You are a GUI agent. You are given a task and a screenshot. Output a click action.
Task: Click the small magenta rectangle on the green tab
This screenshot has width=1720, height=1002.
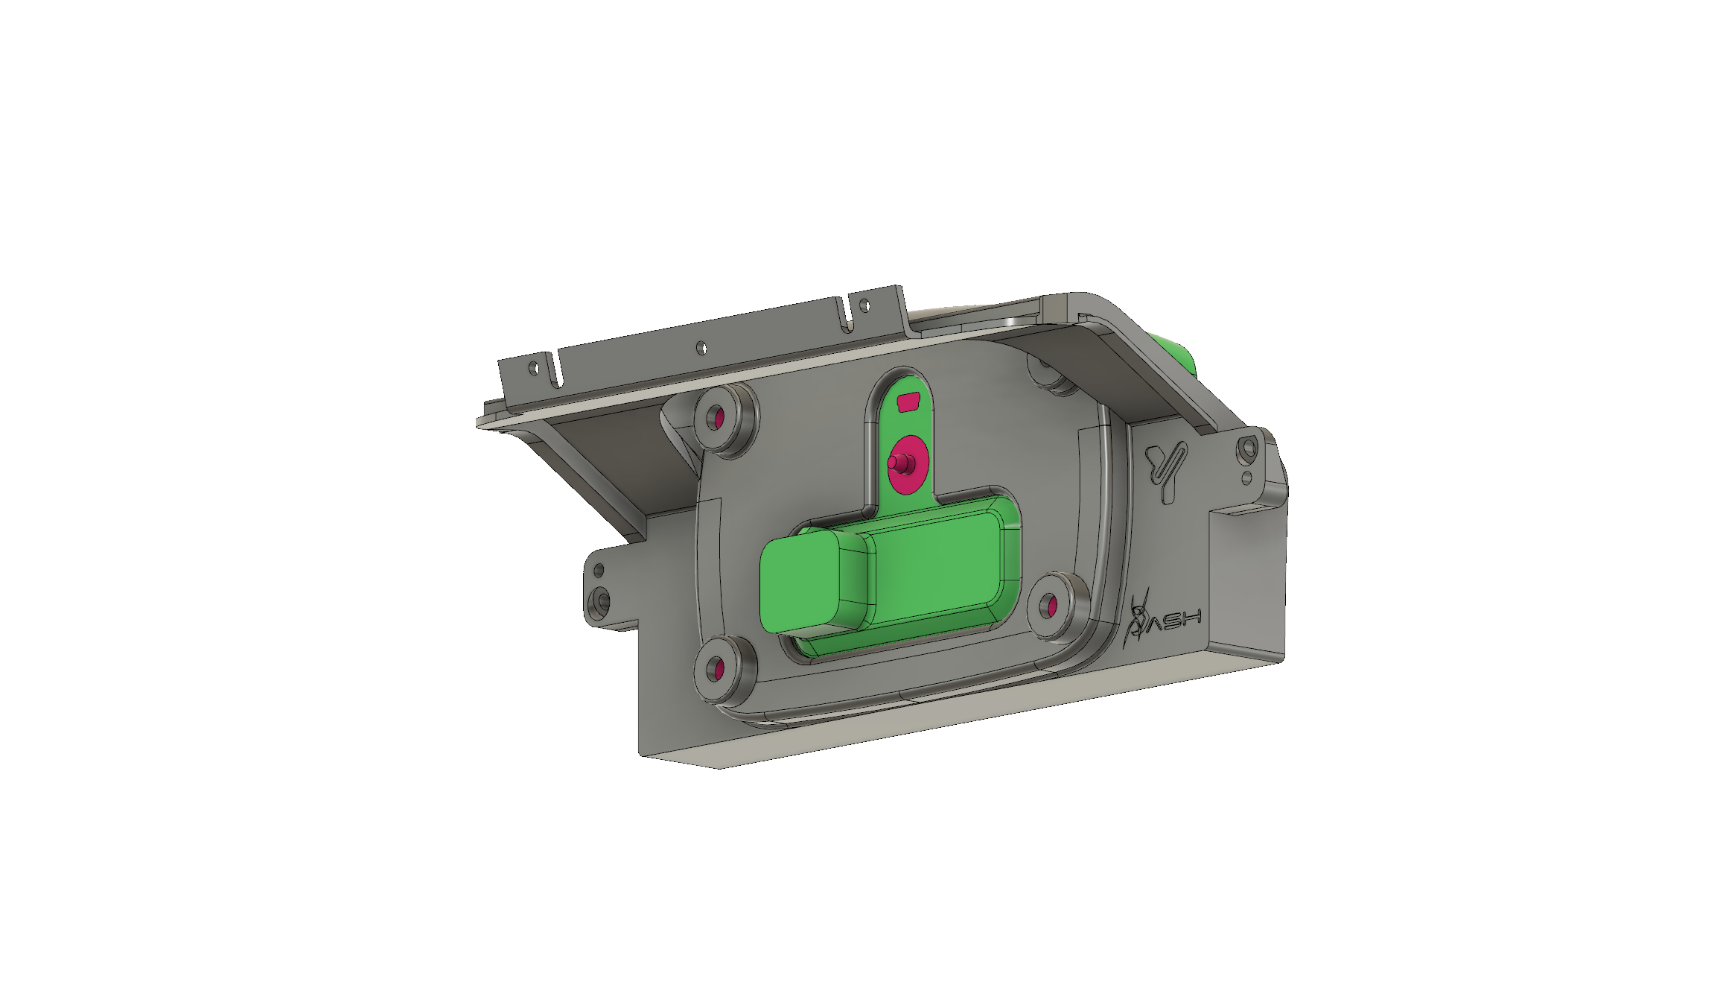click(909, 403)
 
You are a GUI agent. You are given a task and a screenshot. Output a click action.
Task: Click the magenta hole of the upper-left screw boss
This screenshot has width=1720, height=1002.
click(719, 418)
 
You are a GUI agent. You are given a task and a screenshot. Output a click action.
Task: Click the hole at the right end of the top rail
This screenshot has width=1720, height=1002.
click(864, 303)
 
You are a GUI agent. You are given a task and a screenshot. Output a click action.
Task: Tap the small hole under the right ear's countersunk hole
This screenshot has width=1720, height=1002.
click(1246, 477)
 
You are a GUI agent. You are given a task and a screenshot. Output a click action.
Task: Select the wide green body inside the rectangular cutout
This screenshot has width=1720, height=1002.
click(934, 566)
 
